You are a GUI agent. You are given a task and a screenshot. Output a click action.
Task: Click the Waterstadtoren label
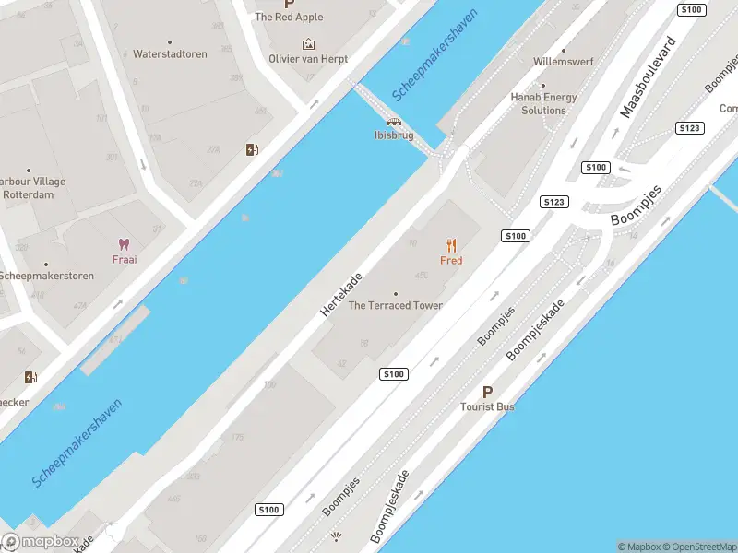[x=170, y=54]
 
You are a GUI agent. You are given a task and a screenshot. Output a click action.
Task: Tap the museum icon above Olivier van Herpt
[x=308, y=43]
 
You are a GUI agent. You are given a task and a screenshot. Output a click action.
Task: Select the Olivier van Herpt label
[x=308, y=58]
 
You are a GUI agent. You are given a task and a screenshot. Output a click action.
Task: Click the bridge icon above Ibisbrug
[x=394, y=122]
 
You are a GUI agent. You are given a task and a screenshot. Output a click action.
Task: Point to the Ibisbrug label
[x=394, y=135]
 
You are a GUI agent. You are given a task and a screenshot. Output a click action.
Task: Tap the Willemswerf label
[x=563, y=62]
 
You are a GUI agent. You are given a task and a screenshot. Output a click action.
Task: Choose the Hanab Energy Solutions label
[x=543, y=103]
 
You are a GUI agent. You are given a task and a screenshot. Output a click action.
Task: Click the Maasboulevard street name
[x=648, y=77]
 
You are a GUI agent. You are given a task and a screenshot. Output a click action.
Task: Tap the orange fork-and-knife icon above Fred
[x=451, y=245]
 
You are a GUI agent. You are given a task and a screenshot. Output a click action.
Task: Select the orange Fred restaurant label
[x=451, y=261]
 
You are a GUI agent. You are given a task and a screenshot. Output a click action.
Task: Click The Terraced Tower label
[x=395, y=306]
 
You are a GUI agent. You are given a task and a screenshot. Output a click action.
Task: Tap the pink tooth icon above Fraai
[x=125, y=244]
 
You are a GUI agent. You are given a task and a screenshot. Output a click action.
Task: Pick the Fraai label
[x=125, y=259]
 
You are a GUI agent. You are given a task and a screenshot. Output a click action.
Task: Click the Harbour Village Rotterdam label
[x=32, y=188]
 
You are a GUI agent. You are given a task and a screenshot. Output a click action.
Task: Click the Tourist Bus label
[x=488, y=406]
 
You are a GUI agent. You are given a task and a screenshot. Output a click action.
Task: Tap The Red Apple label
[x=289, y=17]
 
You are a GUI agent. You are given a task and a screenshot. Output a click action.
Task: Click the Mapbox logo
[x=41, y=542]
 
